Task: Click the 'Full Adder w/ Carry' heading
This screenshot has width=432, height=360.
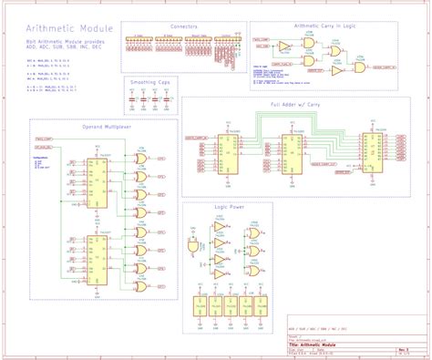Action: [300, 106]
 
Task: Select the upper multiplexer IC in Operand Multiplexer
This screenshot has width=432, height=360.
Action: [97, 173]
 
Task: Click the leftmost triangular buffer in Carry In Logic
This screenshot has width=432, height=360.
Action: [283, 45]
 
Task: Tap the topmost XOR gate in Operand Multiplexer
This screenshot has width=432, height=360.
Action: [140, 158]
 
